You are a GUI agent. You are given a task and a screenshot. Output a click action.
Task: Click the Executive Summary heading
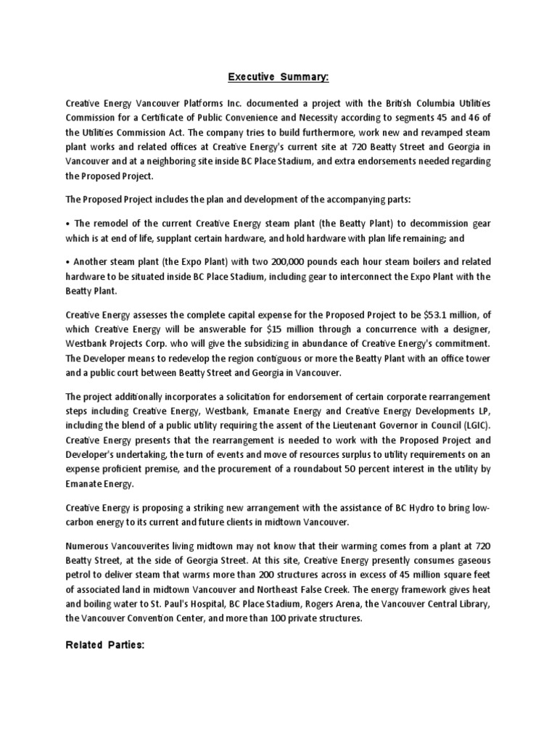278,76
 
